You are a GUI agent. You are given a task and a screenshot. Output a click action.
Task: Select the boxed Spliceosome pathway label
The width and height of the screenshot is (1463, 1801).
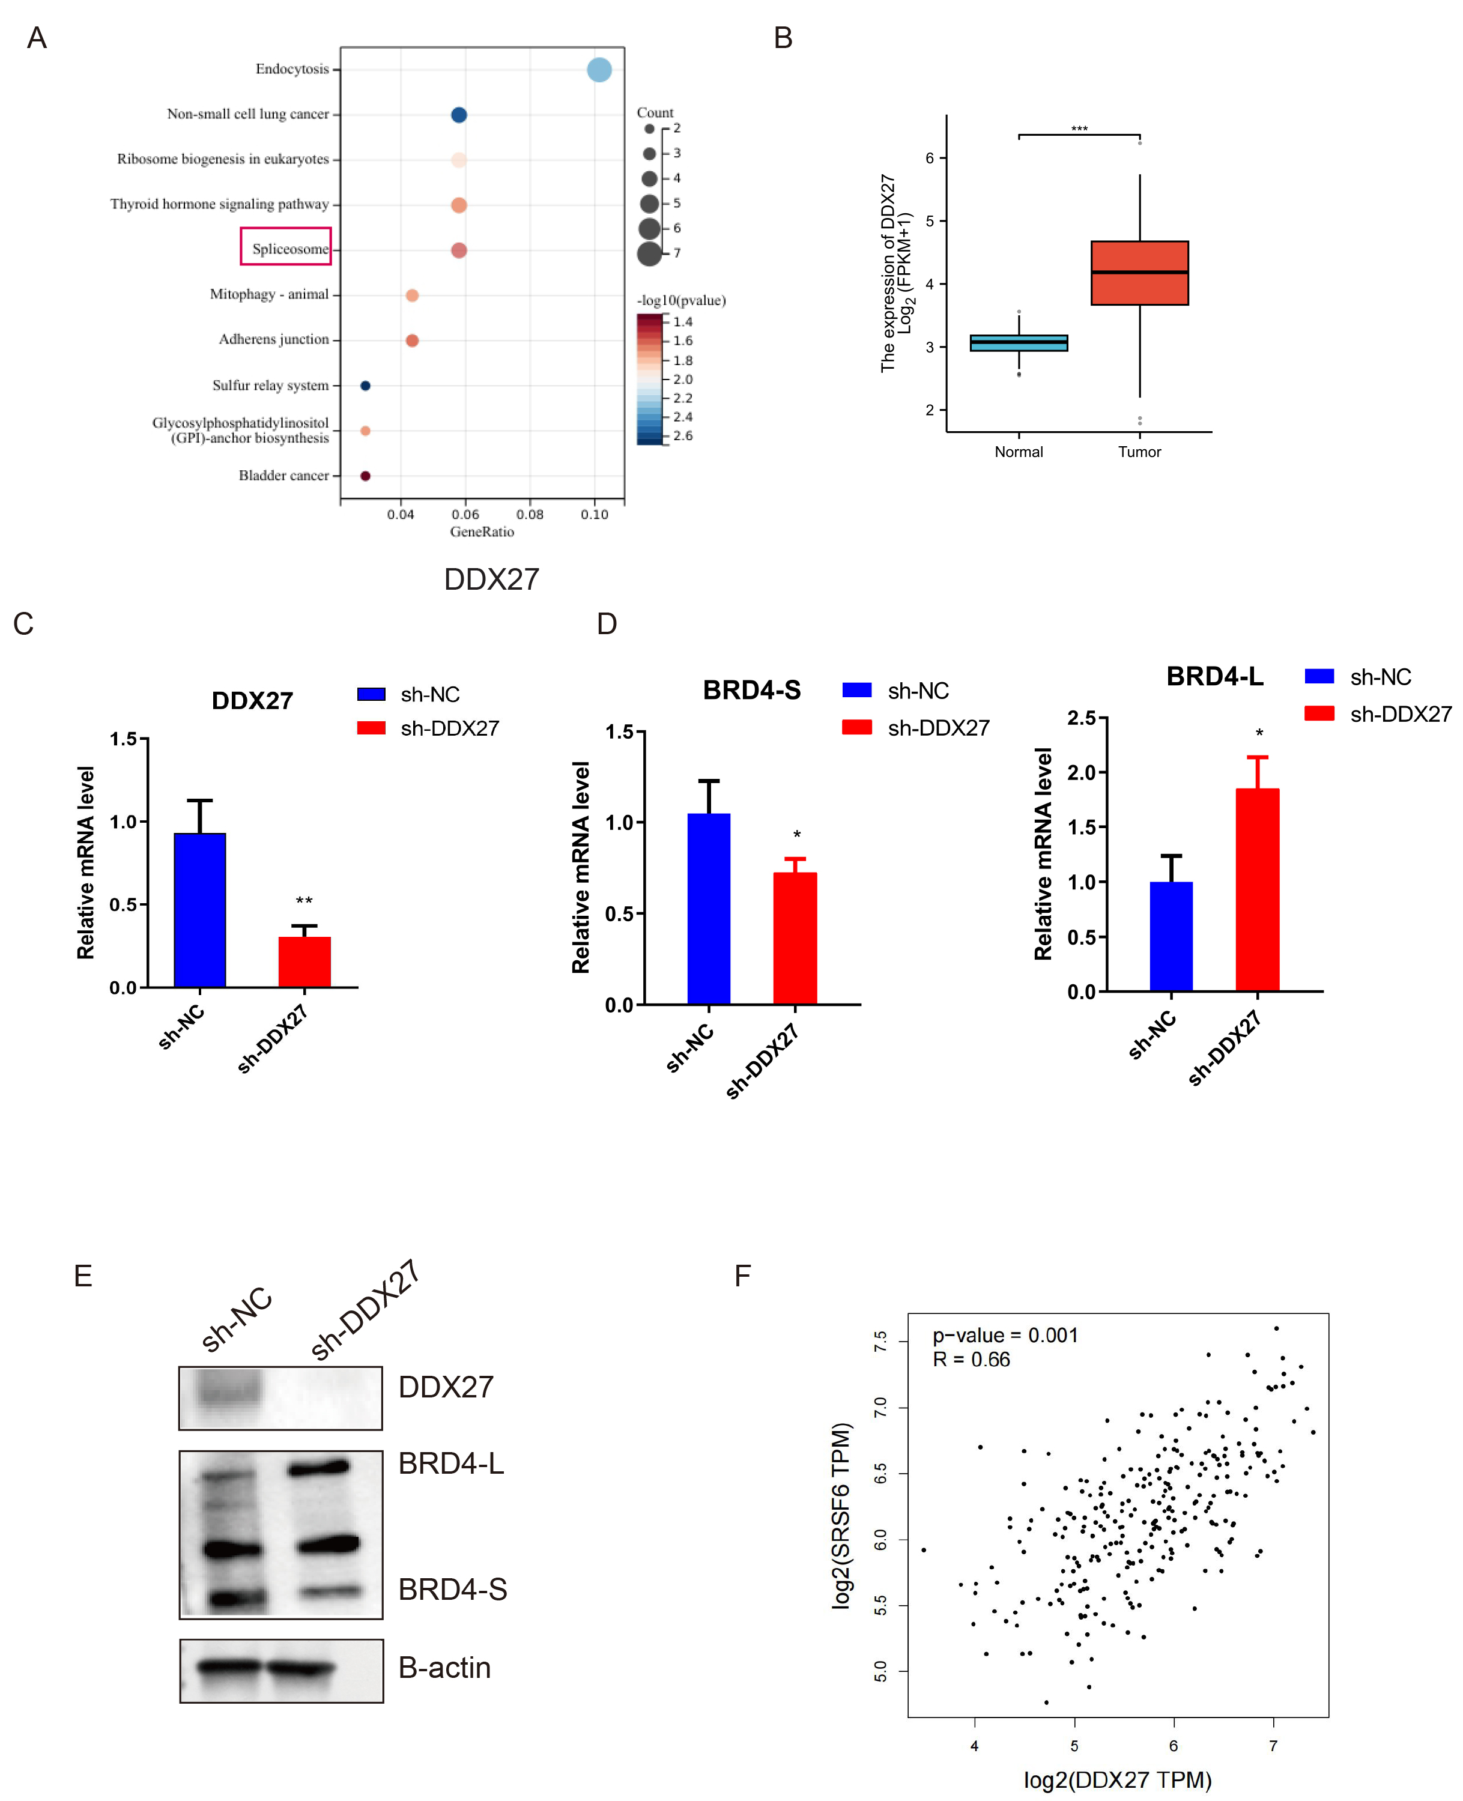286,247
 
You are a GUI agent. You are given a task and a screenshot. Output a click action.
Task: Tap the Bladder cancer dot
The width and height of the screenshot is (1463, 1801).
365,476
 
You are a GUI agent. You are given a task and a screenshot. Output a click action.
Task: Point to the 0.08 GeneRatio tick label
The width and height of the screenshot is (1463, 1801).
529,514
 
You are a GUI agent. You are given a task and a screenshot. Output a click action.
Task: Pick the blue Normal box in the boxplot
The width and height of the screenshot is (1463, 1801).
1019,342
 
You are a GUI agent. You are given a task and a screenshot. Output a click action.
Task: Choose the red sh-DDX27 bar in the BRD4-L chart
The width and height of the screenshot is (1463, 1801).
1258,889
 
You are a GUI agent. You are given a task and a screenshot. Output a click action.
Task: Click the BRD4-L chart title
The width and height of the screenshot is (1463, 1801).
1214,677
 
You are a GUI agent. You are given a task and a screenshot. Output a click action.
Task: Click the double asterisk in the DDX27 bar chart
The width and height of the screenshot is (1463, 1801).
304,901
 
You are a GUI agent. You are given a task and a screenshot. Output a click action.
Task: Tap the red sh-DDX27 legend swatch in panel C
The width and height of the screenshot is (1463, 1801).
371,728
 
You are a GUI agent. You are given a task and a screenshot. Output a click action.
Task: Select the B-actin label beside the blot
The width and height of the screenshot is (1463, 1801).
444,1667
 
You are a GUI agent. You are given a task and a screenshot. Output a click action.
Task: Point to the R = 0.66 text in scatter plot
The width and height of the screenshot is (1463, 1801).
971,1360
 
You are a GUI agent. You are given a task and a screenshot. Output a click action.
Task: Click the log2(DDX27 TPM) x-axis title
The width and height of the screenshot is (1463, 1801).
1118,1779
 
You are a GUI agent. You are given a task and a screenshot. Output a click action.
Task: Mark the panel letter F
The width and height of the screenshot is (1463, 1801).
742,1276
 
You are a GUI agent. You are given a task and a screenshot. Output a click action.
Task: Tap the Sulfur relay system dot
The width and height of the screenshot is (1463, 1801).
365,386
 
